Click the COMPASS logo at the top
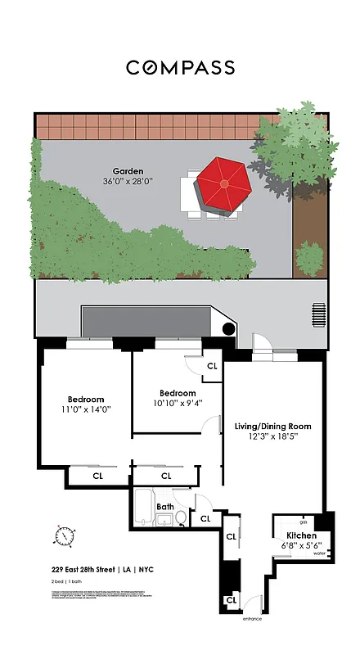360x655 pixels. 180,67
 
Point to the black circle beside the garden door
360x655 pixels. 230,328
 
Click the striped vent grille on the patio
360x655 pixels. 318,314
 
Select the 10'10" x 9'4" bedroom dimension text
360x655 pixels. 178,403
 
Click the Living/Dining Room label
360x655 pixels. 273,427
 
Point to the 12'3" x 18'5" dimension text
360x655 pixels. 273,437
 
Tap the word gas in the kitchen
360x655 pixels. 304,522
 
